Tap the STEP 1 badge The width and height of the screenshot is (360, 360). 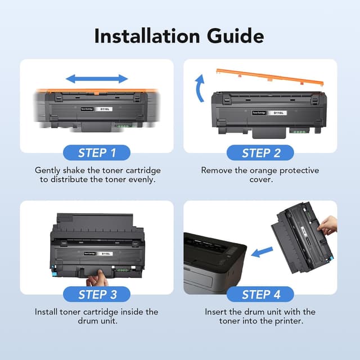tap(97, 152)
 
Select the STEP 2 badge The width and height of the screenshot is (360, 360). tap(261, 152)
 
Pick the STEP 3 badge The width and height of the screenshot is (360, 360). tap(97, 294)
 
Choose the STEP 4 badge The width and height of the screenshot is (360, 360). tap(261, 294)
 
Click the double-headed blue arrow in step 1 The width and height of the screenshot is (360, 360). tap(97, 79)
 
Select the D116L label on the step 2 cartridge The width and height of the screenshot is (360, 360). tap(278, 112)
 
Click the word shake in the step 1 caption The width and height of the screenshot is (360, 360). tap(76, 170)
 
